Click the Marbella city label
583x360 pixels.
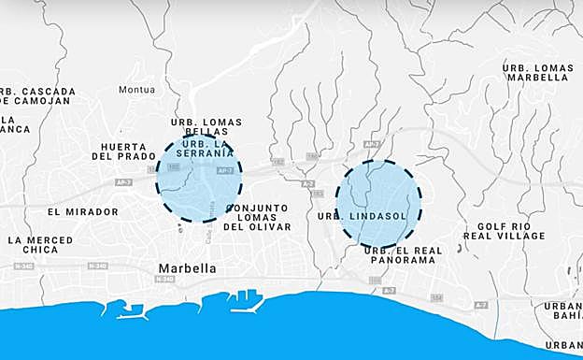pos(187,268)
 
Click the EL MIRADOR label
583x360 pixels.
pos(83,212)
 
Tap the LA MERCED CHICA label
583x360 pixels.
pos(40,245)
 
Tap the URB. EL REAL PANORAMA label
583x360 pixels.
pos(400,254)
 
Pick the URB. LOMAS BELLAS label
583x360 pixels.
pos(207,127)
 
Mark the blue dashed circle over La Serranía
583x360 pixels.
pos(198,179)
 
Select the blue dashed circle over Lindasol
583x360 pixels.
pos(378,203)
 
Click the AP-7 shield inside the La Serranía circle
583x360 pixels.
pos(224,171)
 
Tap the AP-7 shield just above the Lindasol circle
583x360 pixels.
pos(372,144)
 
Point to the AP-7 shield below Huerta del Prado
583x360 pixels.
pos(123,182)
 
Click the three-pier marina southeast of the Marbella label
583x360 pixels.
pos(246,297)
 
